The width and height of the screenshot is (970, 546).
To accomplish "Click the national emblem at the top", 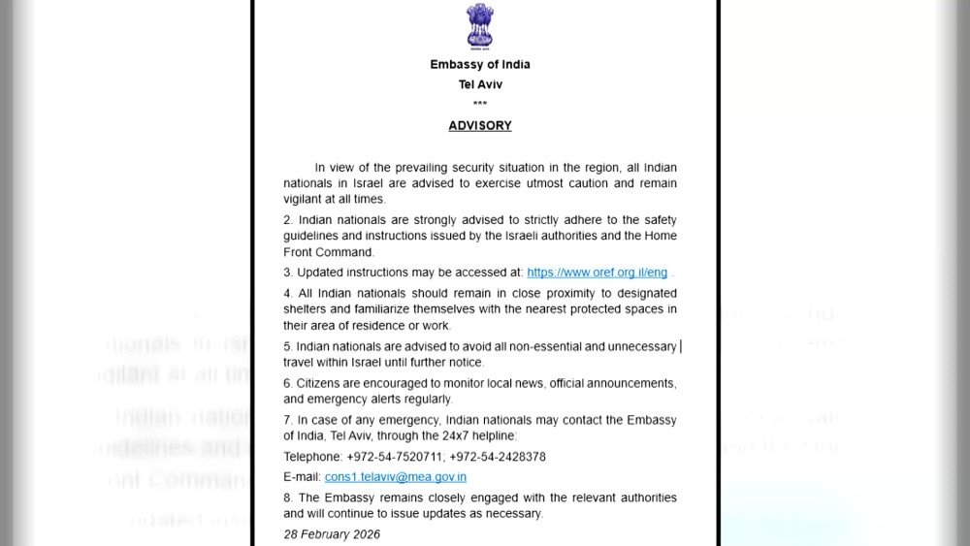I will pos(479,25).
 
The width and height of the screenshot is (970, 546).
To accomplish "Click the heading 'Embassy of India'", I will pos(480,65).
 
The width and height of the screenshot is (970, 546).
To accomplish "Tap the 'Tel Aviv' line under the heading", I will pos(480,84).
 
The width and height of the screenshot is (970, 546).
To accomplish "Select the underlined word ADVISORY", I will pos(480,126).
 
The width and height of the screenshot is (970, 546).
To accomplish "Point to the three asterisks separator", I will pos(480,104).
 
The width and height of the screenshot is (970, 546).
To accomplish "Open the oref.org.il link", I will pos(597,273).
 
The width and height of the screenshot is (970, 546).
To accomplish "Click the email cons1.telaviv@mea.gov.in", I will pos(395,477).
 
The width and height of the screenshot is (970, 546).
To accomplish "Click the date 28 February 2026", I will pos(332,534).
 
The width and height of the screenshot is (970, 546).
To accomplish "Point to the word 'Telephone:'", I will pos(312,457).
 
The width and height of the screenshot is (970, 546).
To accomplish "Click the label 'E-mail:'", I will pos(302,477).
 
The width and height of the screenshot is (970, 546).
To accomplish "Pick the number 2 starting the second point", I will pos(287,220).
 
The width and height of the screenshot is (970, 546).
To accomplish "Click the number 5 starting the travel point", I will pos(287,346).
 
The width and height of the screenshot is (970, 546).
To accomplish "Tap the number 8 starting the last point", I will pos(287,498).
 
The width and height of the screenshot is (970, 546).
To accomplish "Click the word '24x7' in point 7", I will pos(539,436).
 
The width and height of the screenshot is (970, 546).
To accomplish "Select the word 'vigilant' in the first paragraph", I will pos(305,199).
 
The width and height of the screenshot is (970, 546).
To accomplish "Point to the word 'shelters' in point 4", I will pos(306,309).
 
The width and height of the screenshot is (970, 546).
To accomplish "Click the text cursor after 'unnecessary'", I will pos(681,346).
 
